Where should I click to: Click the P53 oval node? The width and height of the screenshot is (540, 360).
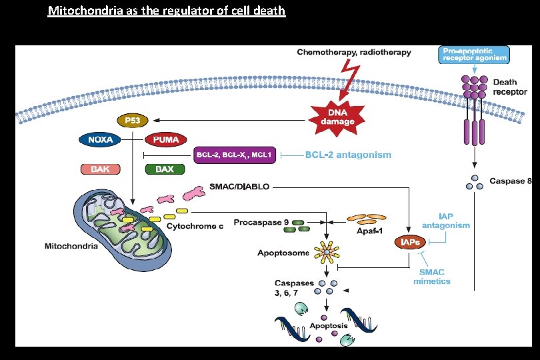click(x=131, y=120)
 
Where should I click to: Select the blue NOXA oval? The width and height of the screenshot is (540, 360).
click(x=100, y=139)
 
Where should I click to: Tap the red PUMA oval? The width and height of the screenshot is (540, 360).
click(x=164, y=139)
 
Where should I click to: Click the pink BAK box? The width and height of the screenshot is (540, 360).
click(x=100, y=169)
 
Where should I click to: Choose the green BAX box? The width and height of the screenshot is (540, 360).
click(x=164, y=169)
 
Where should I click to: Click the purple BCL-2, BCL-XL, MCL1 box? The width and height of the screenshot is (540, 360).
click(x=233, y=155)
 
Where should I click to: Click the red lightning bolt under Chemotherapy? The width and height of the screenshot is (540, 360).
click(x=350, y=75)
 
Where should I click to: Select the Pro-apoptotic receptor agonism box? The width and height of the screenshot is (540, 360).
click(x=474, y=55)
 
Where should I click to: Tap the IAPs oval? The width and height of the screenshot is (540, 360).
click(x=408, y=243)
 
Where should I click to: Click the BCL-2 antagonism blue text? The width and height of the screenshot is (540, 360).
click(x=348, y=155)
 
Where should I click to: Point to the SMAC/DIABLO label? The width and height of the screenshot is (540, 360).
click(x=239, y=187)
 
